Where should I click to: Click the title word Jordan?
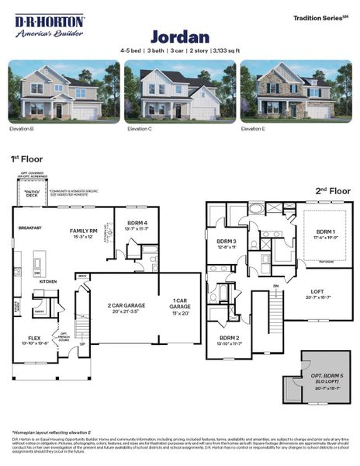coord(179,37)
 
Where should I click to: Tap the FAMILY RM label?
coord(84,231)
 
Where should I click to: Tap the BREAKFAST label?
coord(30,228)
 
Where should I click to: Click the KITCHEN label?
coord(47,281)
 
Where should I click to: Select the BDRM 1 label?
coord(324,232)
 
